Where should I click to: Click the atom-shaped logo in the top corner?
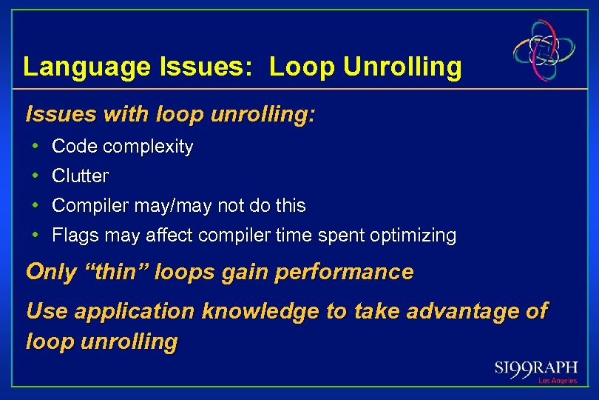tap(545, 50)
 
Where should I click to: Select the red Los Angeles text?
tap(557, 381)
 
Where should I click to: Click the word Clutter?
tap(80, 176)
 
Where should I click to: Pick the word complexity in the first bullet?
tap(148, 147)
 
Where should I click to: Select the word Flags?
tap(70, 236)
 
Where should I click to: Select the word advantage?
tap(456, 311)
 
